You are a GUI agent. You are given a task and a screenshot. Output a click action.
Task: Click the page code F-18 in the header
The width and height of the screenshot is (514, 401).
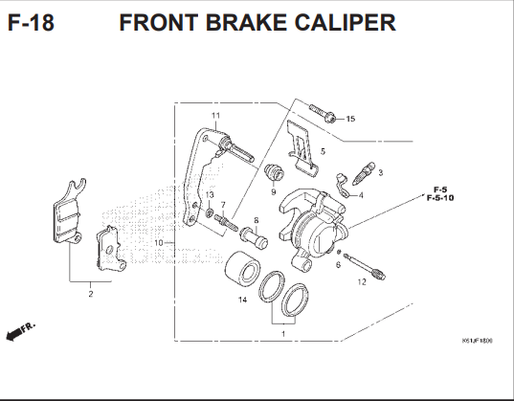click(x=31, y=23)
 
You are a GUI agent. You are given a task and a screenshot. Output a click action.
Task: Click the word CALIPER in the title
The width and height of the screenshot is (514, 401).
click(x=339, y=23)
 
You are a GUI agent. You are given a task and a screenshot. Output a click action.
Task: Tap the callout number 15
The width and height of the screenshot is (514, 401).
click(x=349, y=119)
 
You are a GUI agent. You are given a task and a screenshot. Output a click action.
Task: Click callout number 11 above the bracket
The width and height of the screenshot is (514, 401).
click(x=215, y=116)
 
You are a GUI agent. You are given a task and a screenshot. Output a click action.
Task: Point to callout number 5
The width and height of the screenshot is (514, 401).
click(x=323, y=151)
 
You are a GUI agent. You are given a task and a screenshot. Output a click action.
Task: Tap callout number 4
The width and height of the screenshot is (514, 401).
click(x=360, y=194)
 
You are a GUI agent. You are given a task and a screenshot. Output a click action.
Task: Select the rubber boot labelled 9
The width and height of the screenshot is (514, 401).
click(x=275, y=175)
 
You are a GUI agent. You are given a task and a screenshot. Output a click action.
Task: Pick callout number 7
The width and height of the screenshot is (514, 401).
click(x=222, y=205)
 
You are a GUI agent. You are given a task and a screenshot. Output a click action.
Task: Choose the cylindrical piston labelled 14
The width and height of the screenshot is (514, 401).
click(x=241, y=267)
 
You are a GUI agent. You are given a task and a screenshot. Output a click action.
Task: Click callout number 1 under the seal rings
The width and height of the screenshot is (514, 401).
click(x=283, y=334)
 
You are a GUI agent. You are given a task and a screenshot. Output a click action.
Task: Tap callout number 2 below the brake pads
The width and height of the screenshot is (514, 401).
click(x=91, y=294)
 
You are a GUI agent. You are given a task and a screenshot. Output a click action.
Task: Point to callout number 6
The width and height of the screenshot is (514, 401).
click(x=337, y=264)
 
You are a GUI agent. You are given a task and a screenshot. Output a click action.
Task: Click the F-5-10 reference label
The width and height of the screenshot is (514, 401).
click(x=440, y=197)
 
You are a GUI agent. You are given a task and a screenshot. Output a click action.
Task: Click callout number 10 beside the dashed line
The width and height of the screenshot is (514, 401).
click(x=159, y=243)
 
